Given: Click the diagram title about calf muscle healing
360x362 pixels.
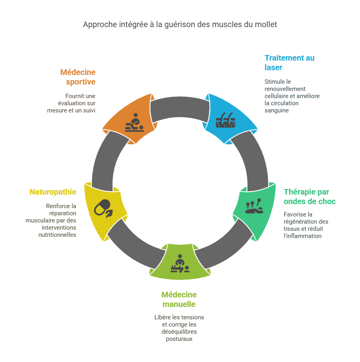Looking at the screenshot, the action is pos(180,24).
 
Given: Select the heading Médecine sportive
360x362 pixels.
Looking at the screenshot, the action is pos(78,77).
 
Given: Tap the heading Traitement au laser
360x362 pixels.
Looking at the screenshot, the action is pos(289,63).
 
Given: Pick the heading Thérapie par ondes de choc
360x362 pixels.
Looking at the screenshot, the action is pos(310,197).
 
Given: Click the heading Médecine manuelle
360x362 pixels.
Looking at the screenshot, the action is pos(179,299).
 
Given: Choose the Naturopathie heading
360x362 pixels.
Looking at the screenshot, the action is pos(53,192).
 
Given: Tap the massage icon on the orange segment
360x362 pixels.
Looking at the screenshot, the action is pos(134,122).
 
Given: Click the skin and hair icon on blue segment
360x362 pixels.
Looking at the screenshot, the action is pos(225,120).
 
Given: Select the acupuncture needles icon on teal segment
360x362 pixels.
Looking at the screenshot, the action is pos(254,206).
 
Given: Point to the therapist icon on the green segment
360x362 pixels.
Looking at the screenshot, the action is pos(180,264).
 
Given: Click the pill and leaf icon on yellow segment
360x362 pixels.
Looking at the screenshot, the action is pos(103,208).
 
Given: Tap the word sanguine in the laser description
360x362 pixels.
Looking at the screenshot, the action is pos(277,110).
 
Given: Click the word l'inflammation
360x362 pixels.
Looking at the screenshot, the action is pos(303,236).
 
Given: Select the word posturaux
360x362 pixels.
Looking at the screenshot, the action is pos(179,339).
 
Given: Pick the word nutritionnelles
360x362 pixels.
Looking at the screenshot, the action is pos(57,235).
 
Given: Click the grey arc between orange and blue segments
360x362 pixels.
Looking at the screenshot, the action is pos(180,108).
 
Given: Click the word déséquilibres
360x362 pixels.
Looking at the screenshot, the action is pos(179,332).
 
